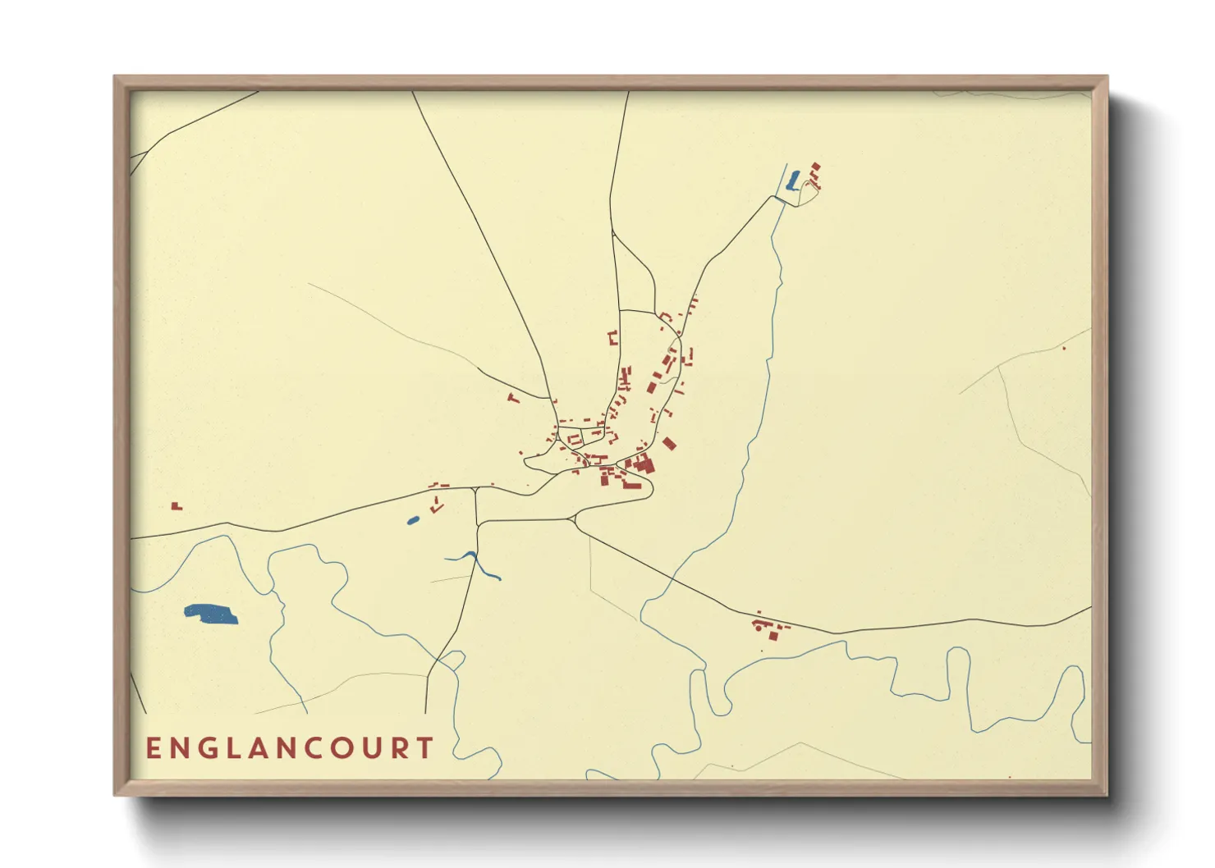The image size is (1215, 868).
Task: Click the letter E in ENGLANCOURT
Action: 154,748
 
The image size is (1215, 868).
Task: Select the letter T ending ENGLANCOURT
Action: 424,748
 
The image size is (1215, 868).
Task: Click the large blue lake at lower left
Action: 211,614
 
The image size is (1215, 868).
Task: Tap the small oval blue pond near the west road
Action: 413,520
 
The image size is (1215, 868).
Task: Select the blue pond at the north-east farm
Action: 793,181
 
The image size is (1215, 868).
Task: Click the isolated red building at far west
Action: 176,506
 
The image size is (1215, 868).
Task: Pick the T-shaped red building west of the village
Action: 515,399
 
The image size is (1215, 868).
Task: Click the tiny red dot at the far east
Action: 1064,349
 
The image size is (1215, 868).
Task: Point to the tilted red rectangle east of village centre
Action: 669,444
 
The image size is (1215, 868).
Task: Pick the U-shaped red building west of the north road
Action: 612,337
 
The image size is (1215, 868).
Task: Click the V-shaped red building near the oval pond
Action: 437,506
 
